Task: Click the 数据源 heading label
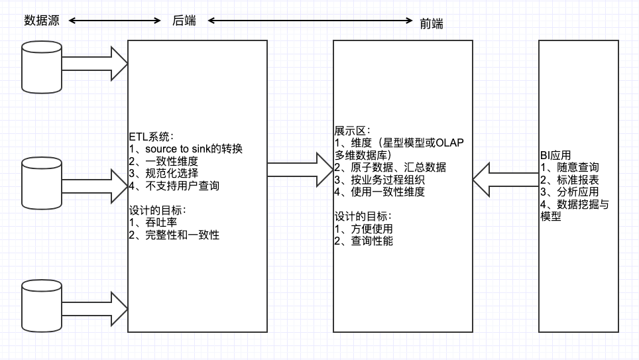[x=42, y=20]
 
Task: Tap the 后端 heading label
[x=184, y=21]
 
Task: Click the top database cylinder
[x=42, y=66]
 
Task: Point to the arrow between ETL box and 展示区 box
[x=298, y=170]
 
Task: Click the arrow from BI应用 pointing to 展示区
[x=504, y=178]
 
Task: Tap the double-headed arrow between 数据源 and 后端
[x=115, y=21]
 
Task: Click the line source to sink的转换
[x=186, y=149]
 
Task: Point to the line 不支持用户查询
[x=174, y=186]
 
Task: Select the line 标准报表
[x=570, y=180]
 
